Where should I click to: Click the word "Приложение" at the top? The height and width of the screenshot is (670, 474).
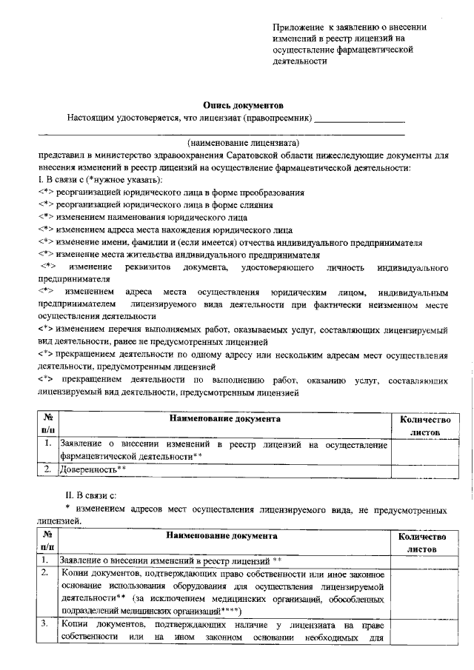click(298, 27)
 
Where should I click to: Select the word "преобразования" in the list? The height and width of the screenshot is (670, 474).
click(273, 192)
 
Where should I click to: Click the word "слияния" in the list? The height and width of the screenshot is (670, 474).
click(230, 205)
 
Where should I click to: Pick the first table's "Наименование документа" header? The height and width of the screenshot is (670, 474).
click(224, 419)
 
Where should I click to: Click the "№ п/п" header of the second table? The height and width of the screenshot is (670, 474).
click(48, 542)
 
